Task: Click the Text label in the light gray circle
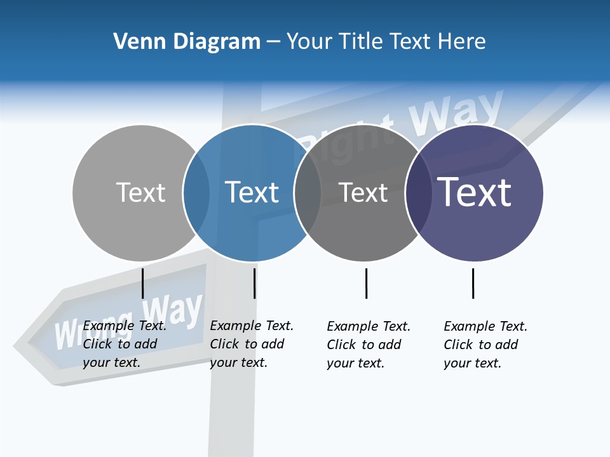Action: coord(140,192)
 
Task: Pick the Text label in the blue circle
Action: coord(252,192)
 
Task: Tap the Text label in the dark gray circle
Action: coord(363,192)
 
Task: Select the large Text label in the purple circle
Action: coord(475,192)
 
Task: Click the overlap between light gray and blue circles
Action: coord(196,193)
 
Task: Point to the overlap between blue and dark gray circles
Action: coord(308,193)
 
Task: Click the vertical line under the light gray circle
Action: coord(143,283)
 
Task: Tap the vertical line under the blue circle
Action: coord(254,283)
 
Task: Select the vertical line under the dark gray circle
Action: coord(366,283)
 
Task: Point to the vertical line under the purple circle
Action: coord(473,283)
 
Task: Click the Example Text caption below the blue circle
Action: coord(252,344)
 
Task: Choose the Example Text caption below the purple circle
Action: coord(485,345)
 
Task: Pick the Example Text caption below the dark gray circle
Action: coord(369,345)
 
